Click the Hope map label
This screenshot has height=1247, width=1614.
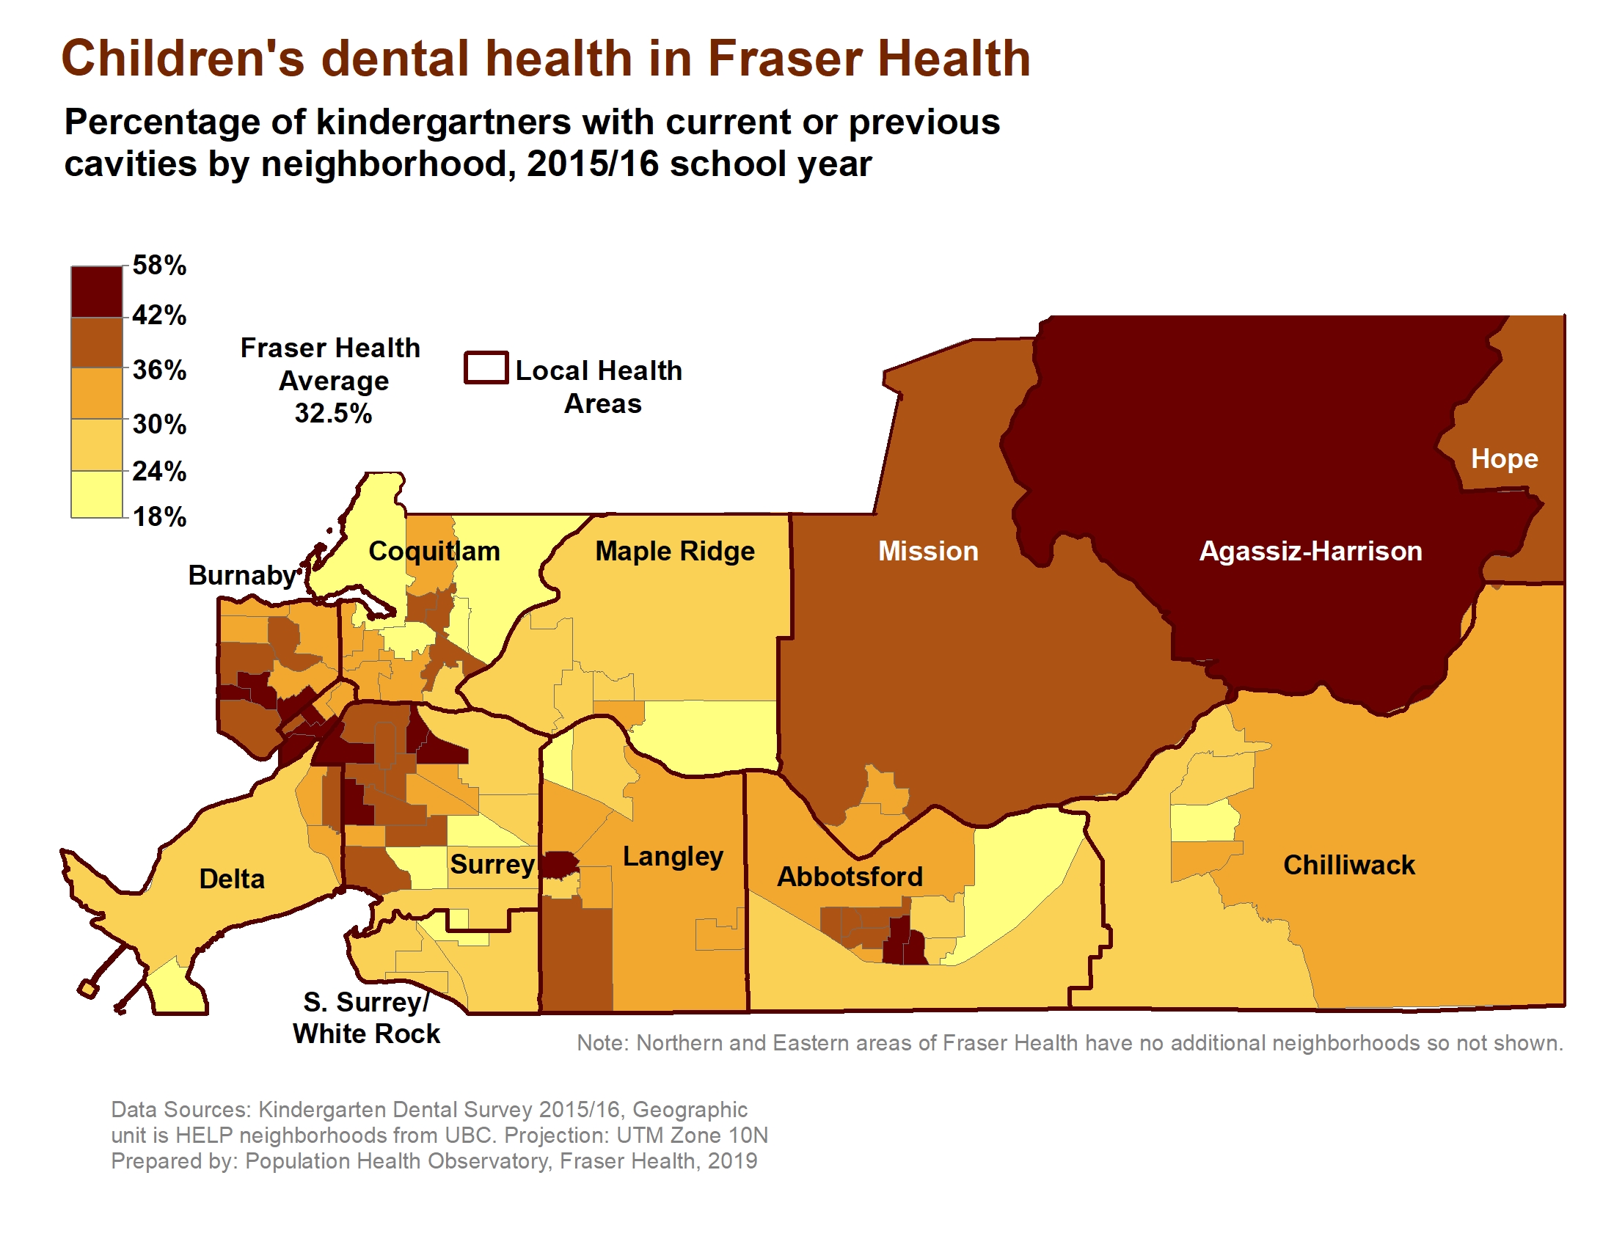click(x=1504, y=458)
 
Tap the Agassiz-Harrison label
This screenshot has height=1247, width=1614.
click(x=1310, y=551)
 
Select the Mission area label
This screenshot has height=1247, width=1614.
click(x=927, y=551)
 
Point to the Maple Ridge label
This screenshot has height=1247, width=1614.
click(x=675, y=551)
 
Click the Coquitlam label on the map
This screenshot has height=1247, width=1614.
click(x=434, y=551)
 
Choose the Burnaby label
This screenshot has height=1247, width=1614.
click(x=241, y=575)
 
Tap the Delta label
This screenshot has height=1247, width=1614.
click(x=231, y=879)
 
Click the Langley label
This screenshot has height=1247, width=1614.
click(x=673, y=856)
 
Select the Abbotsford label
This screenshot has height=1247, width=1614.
click(x=849, y=877)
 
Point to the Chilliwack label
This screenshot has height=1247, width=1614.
click(x=1348, y=865)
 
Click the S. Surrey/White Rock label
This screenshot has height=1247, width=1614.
click(x=366, y=1018)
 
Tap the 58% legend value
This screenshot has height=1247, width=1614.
click(x=159, y=266)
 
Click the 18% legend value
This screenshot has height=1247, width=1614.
click(x=159, y=516)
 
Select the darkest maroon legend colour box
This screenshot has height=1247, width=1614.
click(x=97, y=292)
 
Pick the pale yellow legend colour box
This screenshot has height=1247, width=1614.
click(x=97, y=494)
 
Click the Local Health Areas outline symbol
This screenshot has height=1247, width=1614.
click(x=486, y=368)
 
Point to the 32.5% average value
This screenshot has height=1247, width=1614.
click(x=332, y=413)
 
